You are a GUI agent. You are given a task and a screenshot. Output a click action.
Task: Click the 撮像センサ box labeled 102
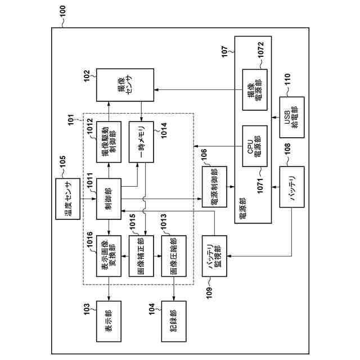[x=125, y=85]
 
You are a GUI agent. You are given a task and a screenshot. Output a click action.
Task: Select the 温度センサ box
[x=68, y=199]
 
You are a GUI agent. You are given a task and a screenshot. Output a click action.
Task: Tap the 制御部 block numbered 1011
[x=109, y=199]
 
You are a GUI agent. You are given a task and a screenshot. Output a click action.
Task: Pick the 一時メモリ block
[x=141, y=142]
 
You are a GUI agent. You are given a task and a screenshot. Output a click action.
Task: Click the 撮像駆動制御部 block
[x=109, y=142]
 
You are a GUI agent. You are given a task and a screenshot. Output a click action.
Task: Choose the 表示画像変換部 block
[x=109, y=256]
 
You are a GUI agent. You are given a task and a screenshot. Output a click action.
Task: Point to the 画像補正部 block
[x=141, y=256]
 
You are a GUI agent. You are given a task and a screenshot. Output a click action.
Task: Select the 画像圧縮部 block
[x=174, y=256]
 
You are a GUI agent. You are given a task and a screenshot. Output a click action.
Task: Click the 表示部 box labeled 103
[x=109, y=321]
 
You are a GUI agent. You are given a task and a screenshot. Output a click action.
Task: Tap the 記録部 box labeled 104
[x=174, y=321]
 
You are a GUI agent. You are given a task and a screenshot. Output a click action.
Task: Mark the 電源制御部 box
[x=214, y=187]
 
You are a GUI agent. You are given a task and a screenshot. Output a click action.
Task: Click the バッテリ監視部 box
[x=214, y=256]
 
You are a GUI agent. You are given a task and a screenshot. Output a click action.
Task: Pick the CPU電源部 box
[x=255, y=146]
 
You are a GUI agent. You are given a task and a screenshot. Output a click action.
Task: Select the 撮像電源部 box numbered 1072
[x=255, y=90]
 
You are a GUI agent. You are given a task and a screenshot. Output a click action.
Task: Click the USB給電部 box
[x=292, y=118]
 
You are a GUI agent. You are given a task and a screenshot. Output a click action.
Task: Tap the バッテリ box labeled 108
[x=292, y=187]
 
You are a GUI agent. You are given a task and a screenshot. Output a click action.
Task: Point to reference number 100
[x=62, y=11]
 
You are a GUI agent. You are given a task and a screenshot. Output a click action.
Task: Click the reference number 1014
[x=164, y=130]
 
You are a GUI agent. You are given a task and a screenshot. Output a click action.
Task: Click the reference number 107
[x=225, y=52]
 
